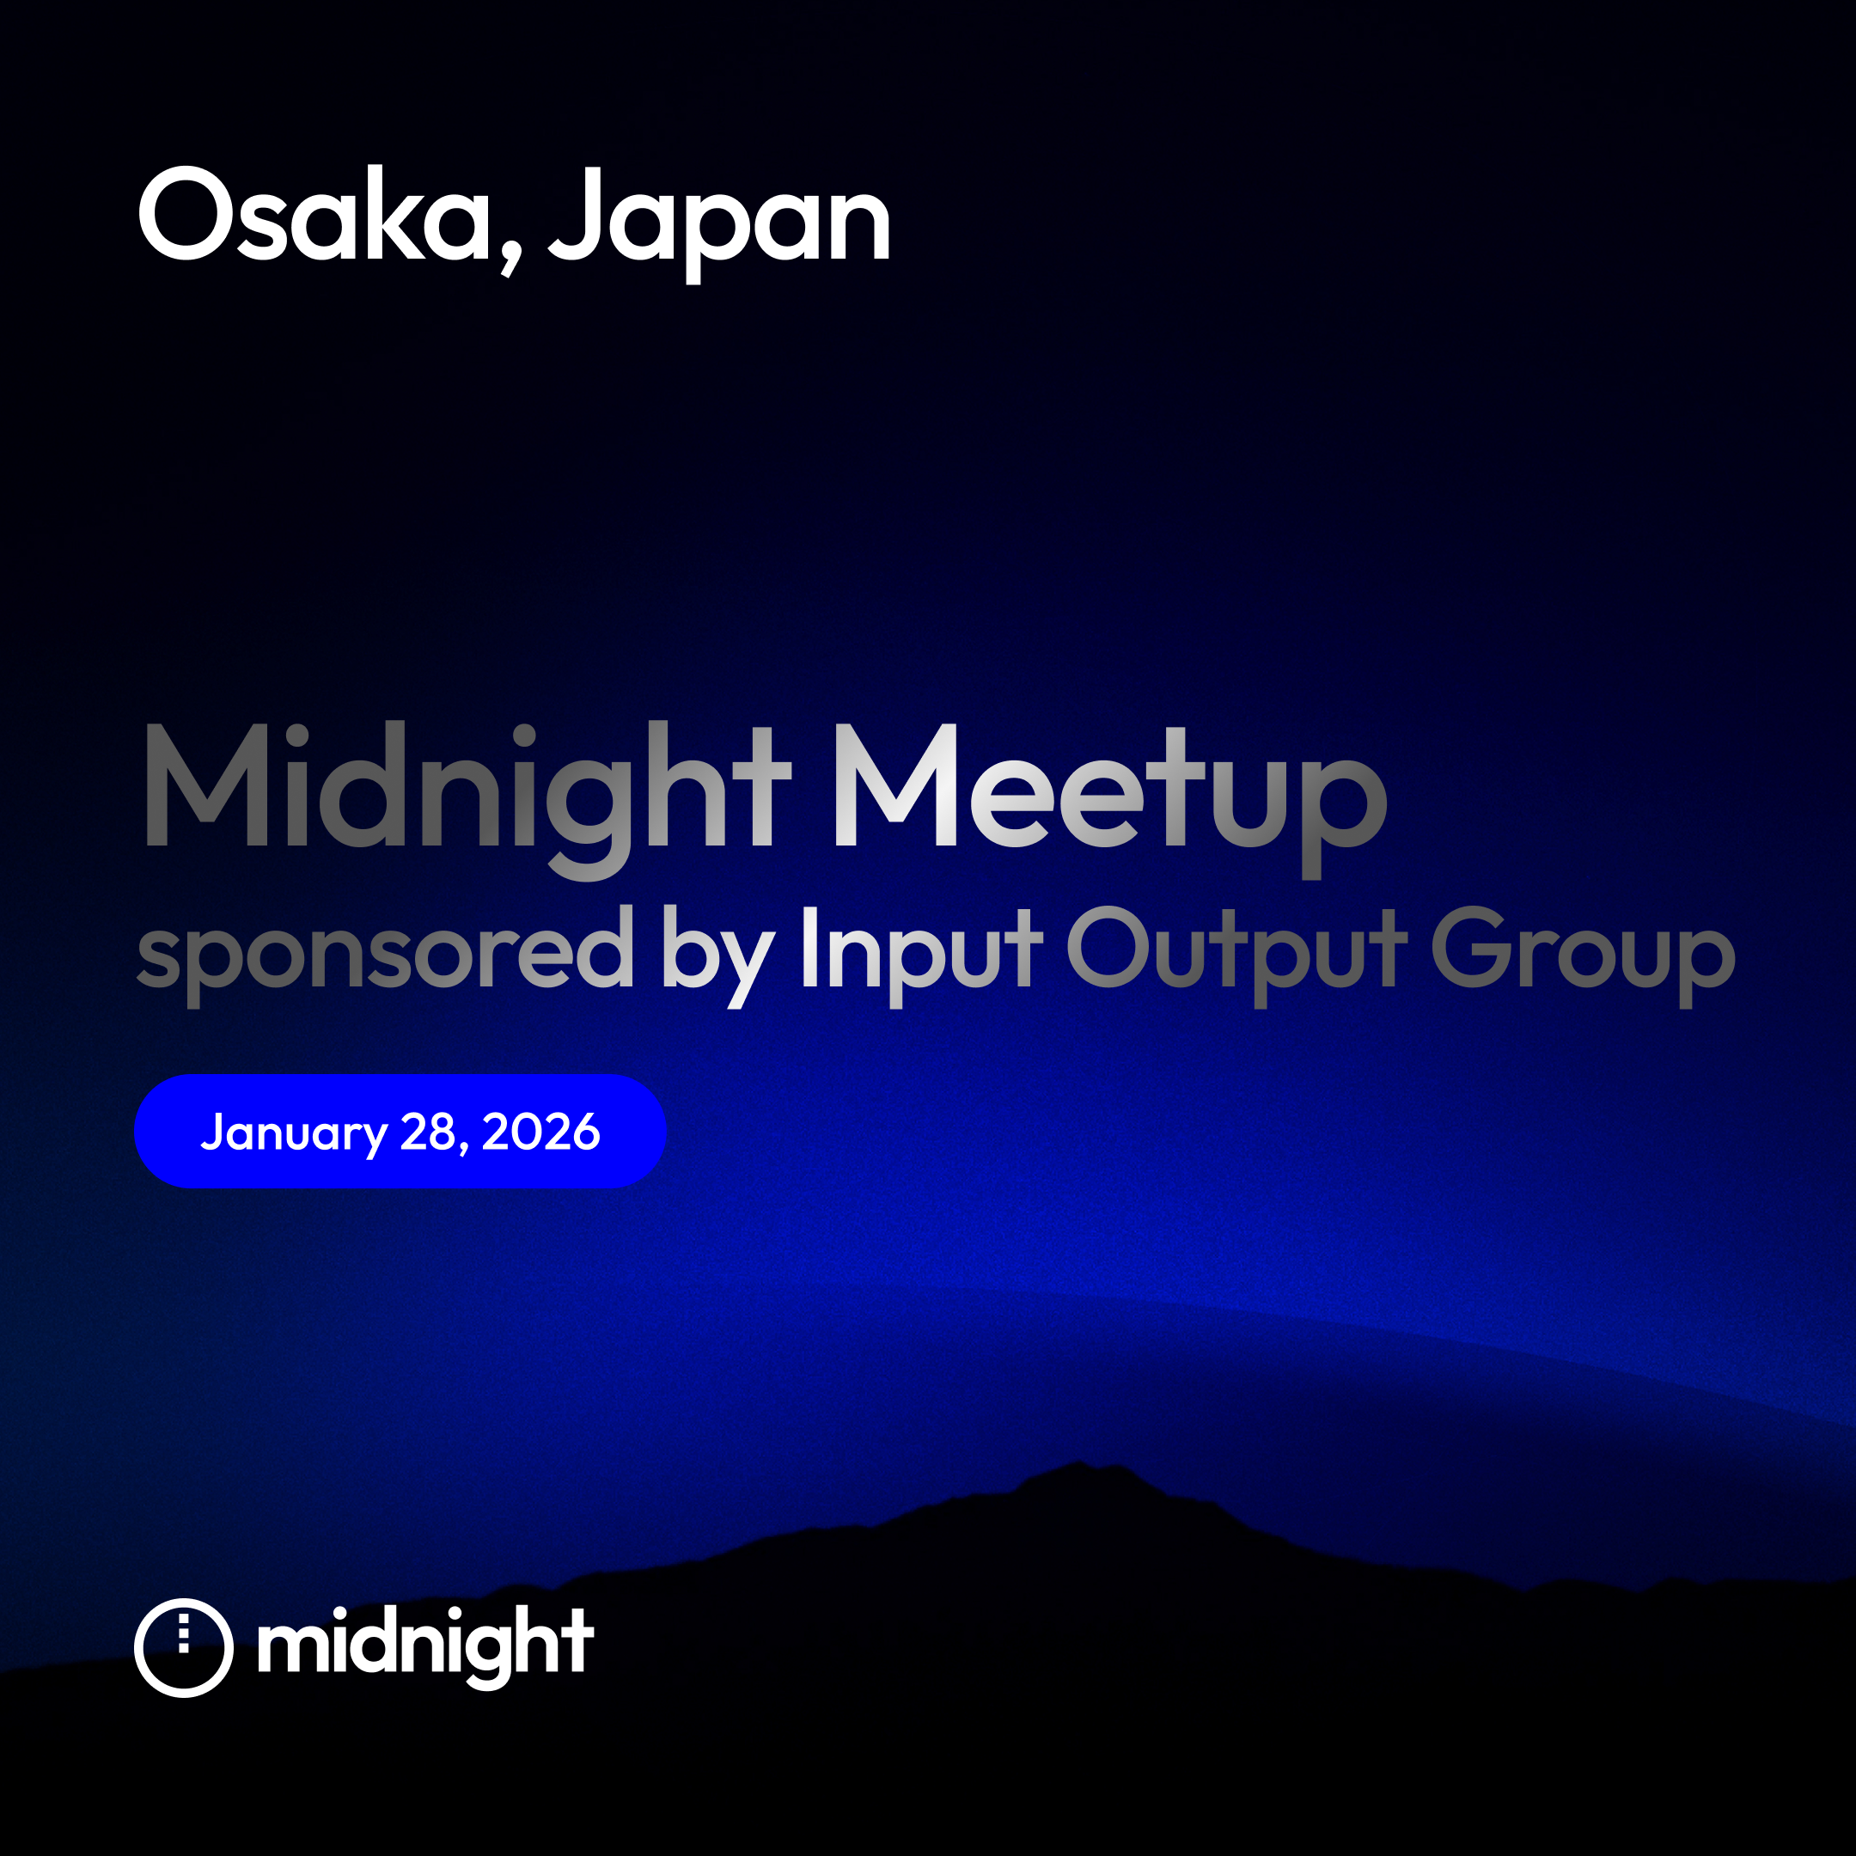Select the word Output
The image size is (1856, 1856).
pos(1237,955)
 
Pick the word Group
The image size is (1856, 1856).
pos(1583,955)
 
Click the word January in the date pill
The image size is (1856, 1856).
pos(293,1133)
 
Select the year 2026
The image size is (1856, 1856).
pos(540,1132)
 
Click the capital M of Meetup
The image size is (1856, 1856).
pos(896,785)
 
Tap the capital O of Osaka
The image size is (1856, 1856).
pos(186,213)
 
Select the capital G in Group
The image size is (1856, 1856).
pos(1471,946)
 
